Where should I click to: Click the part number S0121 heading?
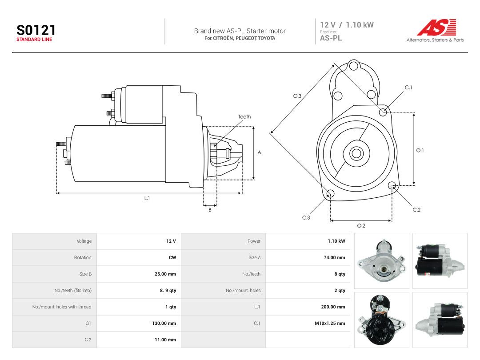(36, 30)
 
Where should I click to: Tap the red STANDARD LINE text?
(34, 40)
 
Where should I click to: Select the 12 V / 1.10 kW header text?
(347, 25)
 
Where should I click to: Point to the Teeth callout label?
(244, 116)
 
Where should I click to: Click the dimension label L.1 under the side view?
(147, 198)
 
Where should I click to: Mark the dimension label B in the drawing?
(210, 210)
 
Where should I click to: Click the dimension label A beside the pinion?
(259, 152)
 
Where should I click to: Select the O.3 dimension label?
(297, 96)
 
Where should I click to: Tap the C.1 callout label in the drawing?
(408, 88)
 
